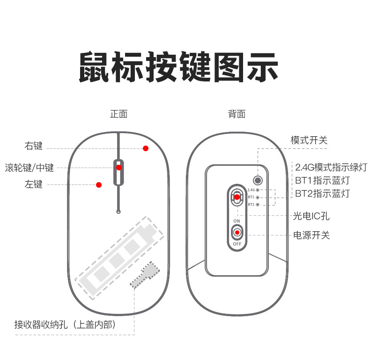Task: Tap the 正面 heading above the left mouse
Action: [118, 114]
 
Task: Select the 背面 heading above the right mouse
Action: [237, 114]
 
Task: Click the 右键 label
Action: [34, 146]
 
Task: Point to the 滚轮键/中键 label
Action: [30, 167]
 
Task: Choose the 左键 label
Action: [34, 184]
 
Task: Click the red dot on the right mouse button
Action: [146, 148]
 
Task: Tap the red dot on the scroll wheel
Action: [119, 168]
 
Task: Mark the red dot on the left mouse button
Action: [99, 185]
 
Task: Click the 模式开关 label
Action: [309, 140]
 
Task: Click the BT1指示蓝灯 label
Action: [322, 180]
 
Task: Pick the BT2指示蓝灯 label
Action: [322, 193]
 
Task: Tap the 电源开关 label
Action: [311, 235]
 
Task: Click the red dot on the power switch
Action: [237, 232]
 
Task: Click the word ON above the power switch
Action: [237, 220]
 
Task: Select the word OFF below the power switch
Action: [237, 244]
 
